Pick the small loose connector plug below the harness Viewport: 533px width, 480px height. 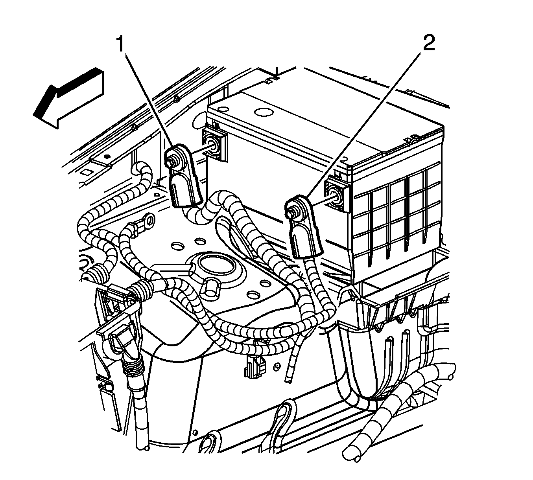tap(253, 364)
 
